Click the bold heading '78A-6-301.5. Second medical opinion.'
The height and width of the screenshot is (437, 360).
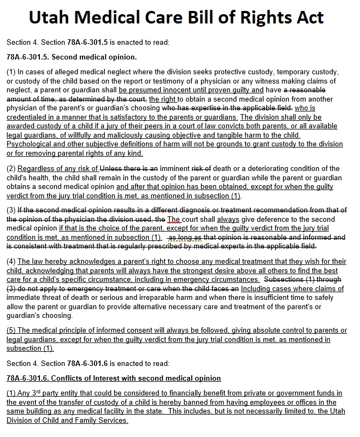[x=72, y=57]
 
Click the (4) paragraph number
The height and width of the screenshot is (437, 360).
[x=11, y=262]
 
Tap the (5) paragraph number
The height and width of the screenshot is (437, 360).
[x=11, y=330]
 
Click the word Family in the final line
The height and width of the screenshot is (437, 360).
[x=82, y=420]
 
